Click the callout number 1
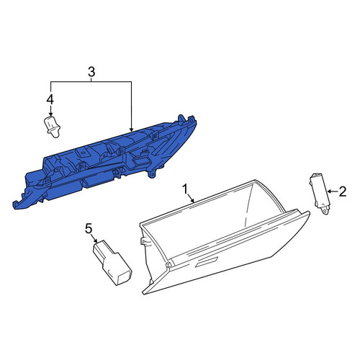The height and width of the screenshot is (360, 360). point(185,189)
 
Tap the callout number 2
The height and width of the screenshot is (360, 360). point(343,192)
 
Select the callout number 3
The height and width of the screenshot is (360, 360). point(91,72)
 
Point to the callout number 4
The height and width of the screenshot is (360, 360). point(50,100)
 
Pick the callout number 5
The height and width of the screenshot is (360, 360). point(89,228)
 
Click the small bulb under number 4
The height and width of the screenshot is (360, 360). point(53,127)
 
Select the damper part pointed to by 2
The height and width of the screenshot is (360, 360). point(319,193)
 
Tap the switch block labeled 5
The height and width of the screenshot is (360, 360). point(112,263)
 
